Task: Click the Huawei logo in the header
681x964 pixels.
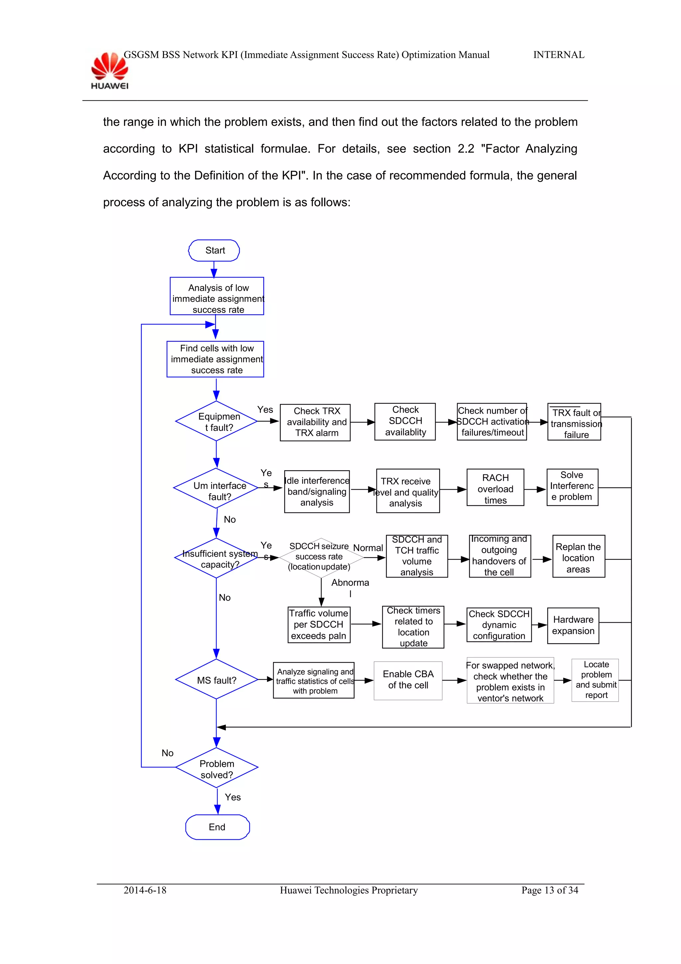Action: [x=109, y=71]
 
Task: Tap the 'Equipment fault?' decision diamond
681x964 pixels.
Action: [x=216, y=421]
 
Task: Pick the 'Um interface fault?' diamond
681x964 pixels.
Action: [x=216, y=489]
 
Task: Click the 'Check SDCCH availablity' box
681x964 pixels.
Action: [x=405, y=421]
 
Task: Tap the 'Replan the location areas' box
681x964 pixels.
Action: [x=578, y=557]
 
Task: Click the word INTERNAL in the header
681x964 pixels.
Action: [x=559, y=55]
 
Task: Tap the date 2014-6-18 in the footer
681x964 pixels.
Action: [x=145, y=890]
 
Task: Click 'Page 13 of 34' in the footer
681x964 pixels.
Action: [x=549, y=890]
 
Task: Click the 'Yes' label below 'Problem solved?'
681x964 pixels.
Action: [x=232, y=797]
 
